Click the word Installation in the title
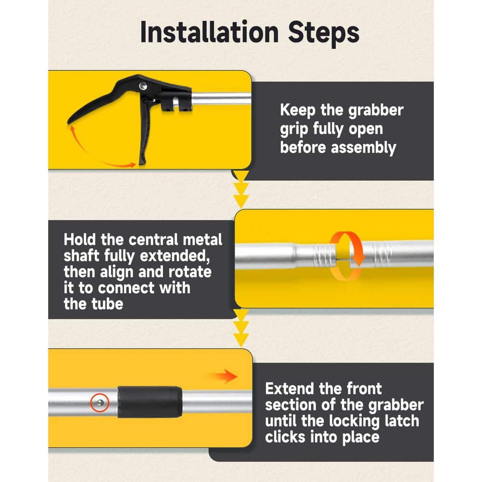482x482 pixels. coord(209,32)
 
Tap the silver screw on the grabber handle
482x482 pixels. coord(143,86)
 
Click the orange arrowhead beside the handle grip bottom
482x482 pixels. coord(133,165)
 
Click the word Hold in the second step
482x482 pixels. coord(80,240)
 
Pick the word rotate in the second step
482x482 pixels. coord(190,272)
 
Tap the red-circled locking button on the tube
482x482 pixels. coord(100,402)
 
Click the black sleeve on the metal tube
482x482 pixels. coord(150,402)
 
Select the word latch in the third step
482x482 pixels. coord(400,421)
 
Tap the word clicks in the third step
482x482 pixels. coord(285,437)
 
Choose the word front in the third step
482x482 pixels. coord(364,389)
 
